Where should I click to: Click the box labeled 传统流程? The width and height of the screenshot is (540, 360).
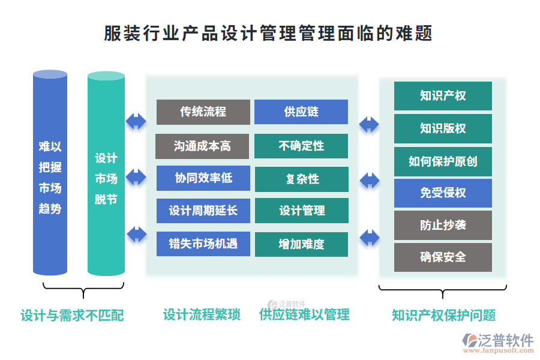pyautogui.click(x=203, y=112)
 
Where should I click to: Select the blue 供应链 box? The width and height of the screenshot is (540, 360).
pyautogui.click(x=301, y=112)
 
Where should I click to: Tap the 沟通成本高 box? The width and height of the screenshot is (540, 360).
pyautogui.click(x=202, y=146)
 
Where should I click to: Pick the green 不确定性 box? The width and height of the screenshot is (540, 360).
pyautogui.click(x=301, y=146)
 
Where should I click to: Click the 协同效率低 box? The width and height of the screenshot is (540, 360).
pyautogui.click(x=203, y=178)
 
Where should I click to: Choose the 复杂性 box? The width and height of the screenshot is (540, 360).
pyautogui.click(x=301, y=179)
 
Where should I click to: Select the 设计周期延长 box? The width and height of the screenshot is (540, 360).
pyautogui.click(x=203, y=211)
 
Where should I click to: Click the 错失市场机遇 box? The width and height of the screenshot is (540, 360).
pyautogui.click(x=203, y=244)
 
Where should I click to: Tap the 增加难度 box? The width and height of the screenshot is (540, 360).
pyautogui.click(x=301, y=244)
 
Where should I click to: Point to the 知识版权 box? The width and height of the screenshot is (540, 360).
pyautogui.click(x=443, y=128)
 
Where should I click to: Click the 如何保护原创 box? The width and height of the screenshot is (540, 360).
pyautogui.click(x=443, y=161)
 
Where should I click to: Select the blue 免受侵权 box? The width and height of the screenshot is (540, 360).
pyautogui.click(x=443, y=193)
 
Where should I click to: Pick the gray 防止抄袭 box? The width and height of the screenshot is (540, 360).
pyautogui.click(x=443, y=226)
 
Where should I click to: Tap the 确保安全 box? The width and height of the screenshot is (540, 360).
pyautogui.click(x=443, y=257)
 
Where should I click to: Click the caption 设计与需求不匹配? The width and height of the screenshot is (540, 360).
pyautogui.click(x=72, y=315)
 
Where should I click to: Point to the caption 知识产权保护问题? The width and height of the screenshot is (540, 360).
pyautogui.click(x=443, y=315)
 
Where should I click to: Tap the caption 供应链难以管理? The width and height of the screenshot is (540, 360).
pyautogui.click(x=304, y=314)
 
